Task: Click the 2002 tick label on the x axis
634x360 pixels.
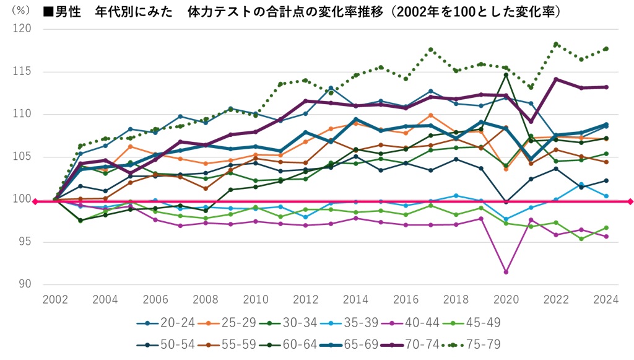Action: pos(54,299)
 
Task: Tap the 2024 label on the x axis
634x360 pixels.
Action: pos(606,299)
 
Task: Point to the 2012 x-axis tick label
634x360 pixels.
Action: pos(305,299)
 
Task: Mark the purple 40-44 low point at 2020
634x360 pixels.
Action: pos(506,272)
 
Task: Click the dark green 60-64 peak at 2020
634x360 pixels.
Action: pos(506,75)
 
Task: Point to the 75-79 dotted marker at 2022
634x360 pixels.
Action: pos(556,44)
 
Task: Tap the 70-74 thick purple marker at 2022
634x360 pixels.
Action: pos(556,79)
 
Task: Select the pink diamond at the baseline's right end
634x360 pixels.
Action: pos(630,201)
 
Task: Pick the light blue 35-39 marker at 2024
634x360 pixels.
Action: pos(606,196)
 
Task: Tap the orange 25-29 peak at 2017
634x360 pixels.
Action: pos(430,115)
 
